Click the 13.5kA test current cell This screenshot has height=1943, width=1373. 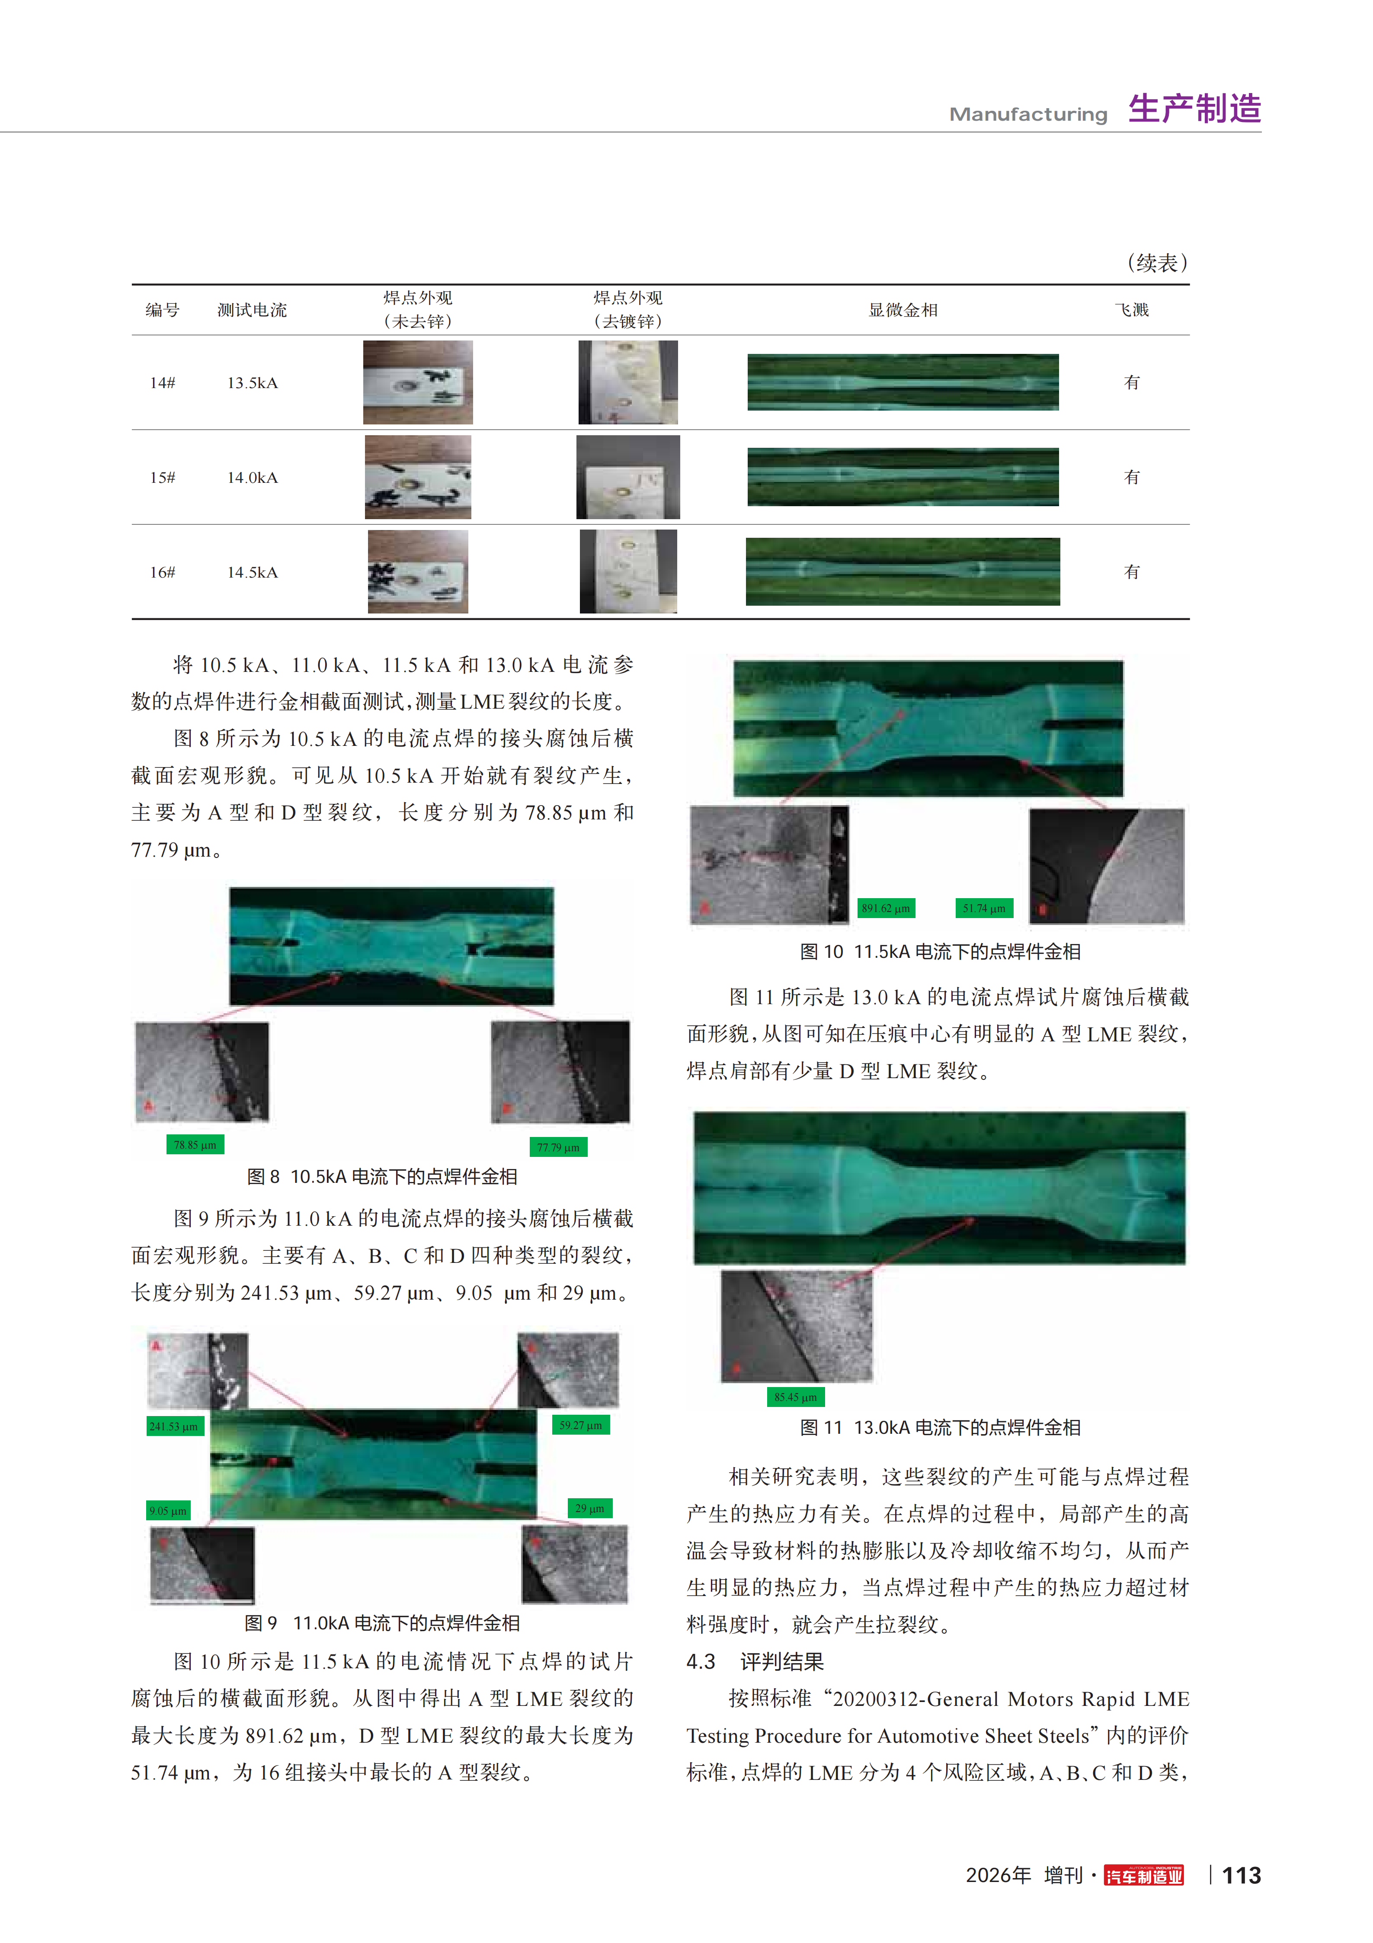[252, 382]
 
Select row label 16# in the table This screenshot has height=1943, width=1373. [163, 572]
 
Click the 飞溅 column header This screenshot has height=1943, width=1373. [1132, 310]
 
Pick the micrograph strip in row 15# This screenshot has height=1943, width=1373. [903, 477]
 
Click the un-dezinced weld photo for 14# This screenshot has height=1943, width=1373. [418, 382]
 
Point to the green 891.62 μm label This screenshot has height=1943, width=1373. [886, 908]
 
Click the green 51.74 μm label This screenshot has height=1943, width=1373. [984, 908]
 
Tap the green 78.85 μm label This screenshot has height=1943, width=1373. [195, 1145]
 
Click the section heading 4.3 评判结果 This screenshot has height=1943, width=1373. [755, 1662]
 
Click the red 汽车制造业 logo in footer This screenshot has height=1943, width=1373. [1144, 1876]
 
